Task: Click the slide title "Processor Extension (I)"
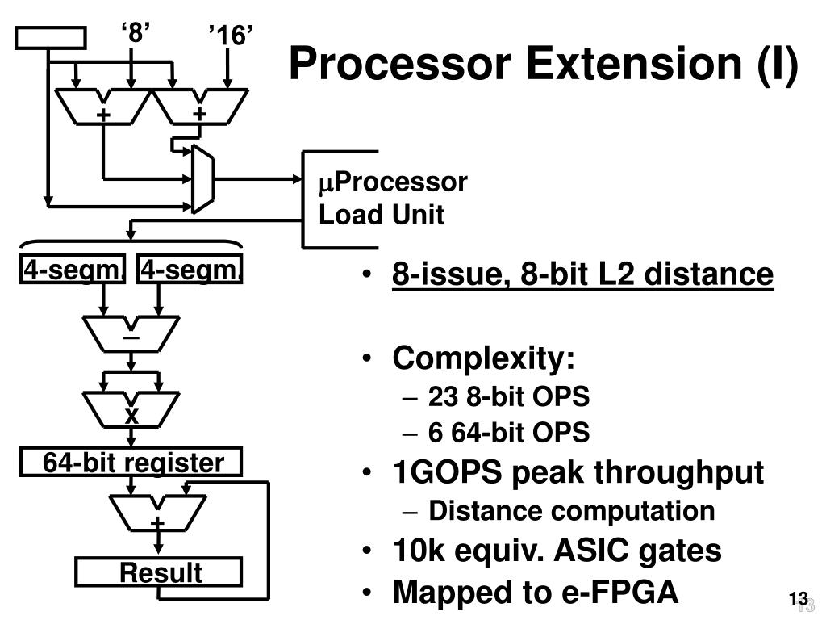point(543,64)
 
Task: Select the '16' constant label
point(231,36)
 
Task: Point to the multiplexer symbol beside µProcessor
point(202,179)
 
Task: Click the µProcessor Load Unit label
point(392,199)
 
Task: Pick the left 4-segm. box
point(73,270)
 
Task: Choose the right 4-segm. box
point(191,270)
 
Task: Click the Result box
point(159,572)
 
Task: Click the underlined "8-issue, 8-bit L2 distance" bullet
point(582,274)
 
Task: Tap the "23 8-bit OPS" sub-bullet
point(509,396)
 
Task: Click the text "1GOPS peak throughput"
point(578,472)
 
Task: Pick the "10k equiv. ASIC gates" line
point(557,551)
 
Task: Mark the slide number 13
point(798,598)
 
